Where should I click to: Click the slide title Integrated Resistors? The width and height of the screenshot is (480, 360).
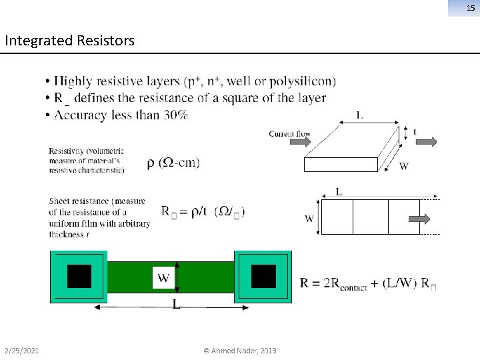coord(69,41)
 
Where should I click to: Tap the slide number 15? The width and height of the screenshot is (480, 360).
coord(471,7)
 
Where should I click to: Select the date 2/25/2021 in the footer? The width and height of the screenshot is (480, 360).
coord(21,351)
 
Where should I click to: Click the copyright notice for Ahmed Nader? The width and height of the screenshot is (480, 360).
coord(240,351)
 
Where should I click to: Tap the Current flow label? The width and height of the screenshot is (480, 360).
coord(289,134)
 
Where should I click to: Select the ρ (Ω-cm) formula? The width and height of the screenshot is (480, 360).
coord(173,163)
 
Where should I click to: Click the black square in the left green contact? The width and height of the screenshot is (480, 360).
coord(79,276)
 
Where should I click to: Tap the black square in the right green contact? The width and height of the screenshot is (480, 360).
coord(263,276)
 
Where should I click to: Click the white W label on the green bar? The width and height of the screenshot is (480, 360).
coord(163,276)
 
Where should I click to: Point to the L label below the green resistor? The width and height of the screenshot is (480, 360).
coord(175,304)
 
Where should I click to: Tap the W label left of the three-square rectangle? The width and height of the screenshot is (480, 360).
coord(309,218)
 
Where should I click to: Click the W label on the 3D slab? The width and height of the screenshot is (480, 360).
coord(404,167)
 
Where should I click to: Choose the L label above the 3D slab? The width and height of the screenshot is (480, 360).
coord(359,115)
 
